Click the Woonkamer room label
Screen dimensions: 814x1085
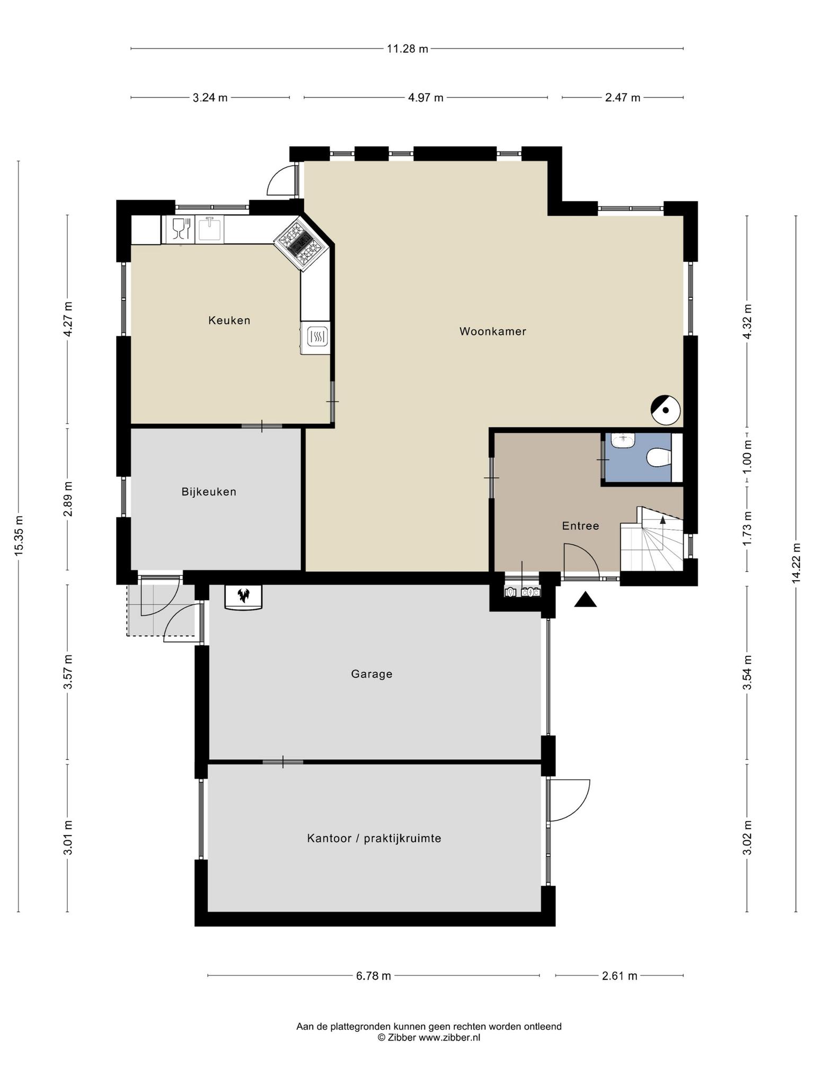click(x=492, y=332)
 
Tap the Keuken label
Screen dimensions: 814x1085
click(x=229, y=321)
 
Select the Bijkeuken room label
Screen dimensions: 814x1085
click(x=209, y=492)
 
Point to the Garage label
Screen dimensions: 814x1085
click(x=371, y=674)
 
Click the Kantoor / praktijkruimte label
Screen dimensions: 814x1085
click(x=374, y=839)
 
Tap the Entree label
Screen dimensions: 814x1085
click(x=580, y=526)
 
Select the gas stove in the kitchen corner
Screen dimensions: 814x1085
click(x=300, y=244)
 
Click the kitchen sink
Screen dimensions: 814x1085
click(x=210, y=229)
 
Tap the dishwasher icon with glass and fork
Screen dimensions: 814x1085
click(x=181, y=229)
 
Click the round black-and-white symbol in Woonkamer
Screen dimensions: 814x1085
click(x=666, y=410)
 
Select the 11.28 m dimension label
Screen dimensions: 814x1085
click(x=407, y=49)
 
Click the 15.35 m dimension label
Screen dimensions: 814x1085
click(x=19, y=536)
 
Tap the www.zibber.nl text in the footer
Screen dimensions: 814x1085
click(x=449, y=1038)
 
